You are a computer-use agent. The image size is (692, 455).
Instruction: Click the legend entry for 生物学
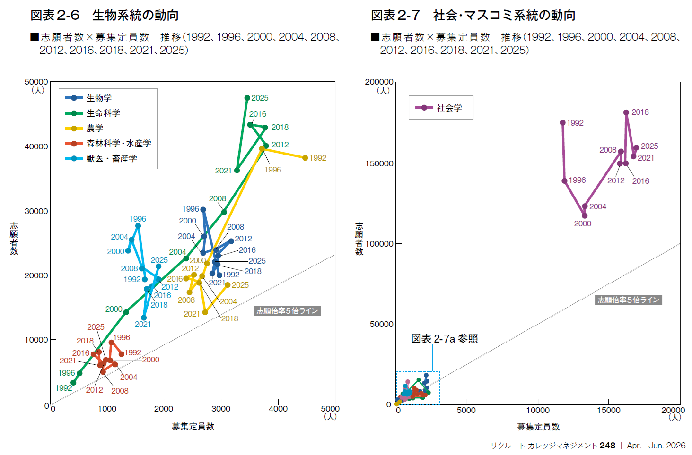pyautogui.click(x=99, y=98)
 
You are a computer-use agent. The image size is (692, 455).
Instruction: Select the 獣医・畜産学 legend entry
pyautogui.click(x=111, y=158)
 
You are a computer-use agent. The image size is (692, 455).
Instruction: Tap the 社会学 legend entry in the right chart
pyautogui.click(x=449, y=108)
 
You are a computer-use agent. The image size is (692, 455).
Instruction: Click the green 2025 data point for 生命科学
pyautogui.click(x=247, y=98)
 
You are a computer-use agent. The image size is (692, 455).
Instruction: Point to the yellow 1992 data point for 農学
pyautogui.click(x=305, y=158)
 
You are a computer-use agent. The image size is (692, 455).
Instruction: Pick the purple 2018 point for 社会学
pyautogui.click(x=626, y=112)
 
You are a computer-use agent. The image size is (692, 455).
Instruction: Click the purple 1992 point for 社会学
pyautogui.click(x=562, y=123)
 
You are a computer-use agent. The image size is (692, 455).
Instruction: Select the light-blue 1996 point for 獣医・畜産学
pyautogui.click(x=138, y=226)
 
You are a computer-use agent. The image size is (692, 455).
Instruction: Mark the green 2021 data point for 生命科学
pyautogui.click(x=237, y=170)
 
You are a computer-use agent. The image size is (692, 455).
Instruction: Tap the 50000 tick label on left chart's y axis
pyautogui.click(x=36, y=82)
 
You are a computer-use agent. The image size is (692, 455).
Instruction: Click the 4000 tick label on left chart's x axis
pyautogui.click(x=278, y=409)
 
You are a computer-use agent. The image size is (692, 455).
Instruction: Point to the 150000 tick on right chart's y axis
pyautogui.click(x=379, y=163)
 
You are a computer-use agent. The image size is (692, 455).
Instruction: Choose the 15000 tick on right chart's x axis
pyautogui.click(x=608, y=410)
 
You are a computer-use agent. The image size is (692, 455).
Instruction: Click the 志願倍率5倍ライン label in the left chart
pyautogui.click(x=287, y=311)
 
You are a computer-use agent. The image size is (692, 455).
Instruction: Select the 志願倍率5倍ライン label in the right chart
pyautogui.click(x=628, y=300)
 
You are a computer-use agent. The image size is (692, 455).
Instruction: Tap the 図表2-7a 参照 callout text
pyautogui.click(x=444, y=339)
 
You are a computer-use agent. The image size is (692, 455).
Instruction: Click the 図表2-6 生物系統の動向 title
pyautogui.click(x=105, y=15)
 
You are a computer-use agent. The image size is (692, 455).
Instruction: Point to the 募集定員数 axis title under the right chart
pyautogui.click(x=538, y=427)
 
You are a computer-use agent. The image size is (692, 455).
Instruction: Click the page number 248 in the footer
pyautogui.click(x=607, y=446)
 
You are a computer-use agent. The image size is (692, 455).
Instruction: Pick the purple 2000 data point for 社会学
pyautogui.click(x=585, y=215)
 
